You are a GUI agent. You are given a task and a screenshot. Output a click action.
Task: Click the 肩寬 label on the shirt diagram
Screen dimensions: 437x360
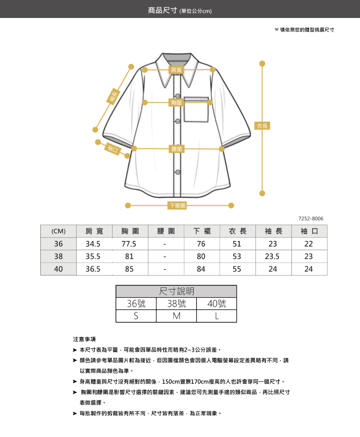(176, 70)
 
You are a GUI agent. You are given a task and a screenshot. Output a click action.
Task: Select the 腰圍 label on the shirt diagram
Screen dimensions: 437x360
(176, 149)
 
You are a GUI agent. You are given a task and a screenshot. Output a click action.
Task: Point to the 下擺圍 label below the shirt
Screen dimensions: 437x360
(177, 205)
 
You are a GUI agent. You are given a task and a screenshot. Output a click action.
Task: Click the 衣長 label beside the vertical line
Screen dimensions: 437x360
(262, 126)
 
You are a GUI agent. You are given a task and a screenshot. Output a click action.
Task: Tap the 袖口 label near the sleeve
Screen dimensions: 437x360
(113, 149)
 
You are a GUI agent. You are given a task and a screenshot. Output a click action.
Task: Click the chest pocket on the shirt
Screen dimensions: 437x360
(196, 110)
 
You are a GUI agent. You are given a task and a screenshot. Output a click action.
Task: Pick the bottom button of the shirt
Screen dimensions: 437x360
(177, 172)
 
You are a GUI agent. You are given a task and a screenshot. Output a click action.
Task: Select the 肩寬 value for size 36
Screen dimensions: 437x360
(93, 244)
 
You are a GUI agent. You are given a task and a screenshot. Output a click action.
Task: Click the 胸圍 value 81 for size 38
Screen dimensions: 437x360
(129, 256)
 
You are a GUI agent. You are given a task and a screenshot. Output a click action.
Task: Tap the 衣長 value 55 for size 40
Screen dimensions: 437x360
(237, 269)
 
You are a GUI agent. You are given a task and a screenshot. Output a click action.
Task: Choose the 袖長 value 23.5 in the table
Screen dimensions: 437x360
(273, 256)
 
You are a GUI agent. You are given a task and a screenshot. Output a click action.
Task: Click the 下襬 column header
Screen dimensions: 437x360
(202, 231)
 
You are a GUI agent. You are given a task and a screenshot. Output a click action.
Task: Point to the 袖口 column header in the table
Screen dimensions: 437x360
(309, 231)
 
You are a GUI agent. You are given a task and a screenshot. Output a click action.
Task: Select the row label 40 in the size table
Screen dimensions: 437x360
(58, 269)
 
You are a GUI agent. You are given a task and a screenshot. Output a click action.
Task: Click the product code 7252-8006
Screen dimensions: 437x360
(311, 219)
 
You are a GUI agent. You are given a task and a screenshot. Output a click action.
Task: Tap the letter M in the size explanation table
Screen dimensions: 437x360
(176, 316)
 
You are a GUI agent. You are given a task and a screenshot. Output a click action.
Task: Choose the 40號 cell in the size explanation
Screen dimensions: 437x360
(217, 304)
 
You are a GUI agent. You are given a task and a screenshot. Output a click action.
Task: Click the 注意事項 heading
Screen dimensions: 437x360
(84, 339)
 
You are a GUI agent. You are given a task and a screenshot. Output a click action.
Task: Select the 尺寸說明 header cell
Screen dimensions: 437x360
(176, 291)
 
